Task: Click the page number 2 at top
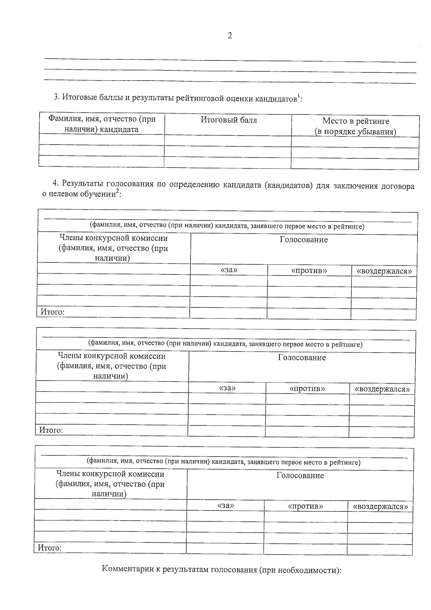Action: (230, 36)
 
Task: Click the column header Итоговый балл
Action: (229, 120)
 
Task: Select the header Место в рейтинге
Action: (355, 121)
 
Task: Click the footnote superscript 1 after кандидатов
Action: (298, 96)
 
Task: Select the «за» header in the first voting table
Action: (229, 270)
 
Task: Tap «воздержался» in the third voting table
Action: (380, 506)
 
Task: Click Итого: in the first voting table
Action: (52, 312)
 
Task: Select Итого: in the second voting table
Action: (51, 430)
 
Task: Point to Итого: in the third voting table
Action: (50, 548)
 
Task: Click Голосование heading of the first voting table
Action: (303, 240)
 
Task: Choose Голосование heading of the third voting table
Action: (300, 476)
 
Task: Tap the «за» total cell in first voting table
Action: (228, 313)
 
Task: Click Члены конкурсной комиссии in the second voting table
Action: (112, 356)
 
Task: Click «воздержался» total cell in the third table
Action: (380, 549)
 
